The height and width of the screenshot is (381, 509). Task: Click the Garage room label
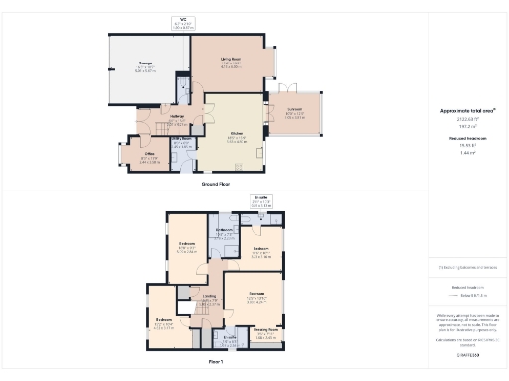tap(145, 64)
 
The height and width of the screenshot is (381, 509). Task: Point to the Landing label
tap(209, 297)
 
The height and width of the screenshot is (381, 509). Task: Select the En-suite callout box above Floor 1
tap(261, 202)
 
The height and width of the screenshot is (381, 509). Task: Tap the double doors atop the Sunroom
tap(279, 87)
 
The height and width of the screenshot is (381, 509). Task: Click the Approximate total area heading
tap(466, 111)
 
